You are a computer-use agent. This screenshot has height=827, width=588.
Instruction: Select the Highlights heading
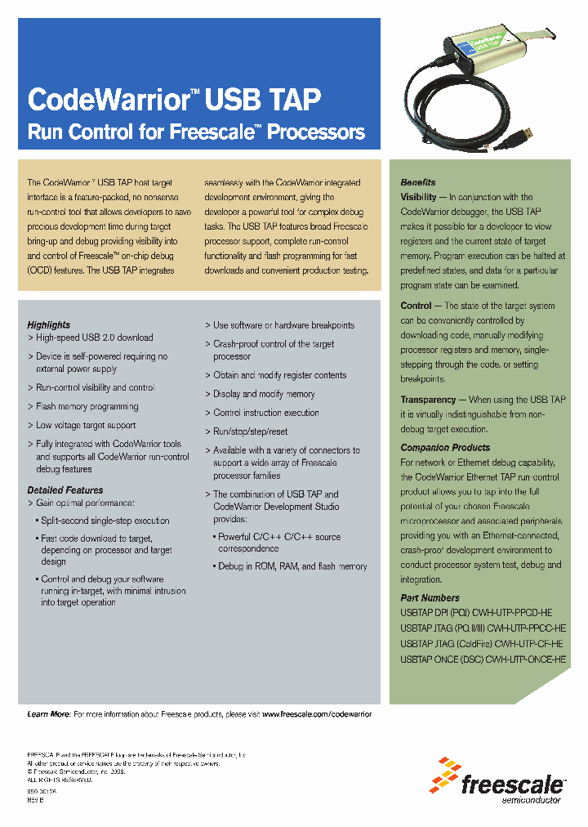coord(49,324)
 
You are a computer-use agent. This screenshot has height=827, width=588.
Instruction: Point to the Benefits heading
coord(418,182)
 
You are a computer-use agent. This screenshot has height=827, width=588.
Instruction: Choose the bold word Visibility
coord(418,197)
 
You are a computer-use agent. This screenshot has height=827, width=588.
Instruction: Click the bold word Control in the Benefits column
coord(416,306)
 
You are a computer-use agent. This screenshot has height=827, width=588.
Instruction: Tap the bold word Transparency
coord(428,400)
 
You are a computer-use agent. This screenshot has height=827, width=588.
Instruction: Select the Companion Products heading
coord(445,448)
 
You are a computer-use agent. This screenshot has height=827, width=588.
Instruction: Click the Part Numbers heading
coord(430,598)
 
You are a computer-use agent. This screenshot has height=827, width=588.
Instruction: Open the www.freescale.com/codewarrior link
coord(317,714)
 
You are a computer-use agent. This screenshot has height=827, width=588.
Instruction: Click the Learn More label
coord(49,714)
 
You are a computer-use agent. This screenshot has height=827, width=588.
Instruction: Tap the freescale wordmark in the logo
coord(512,786)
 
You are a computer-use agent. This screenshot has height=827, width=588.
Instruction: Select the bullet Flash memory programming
coord(87,406)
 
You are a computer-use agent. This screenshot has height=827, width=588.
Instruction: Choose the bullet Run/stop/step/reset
coord(251,431)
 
